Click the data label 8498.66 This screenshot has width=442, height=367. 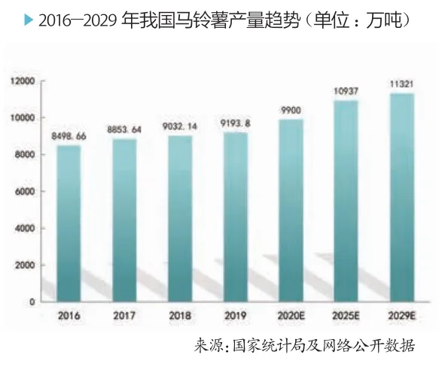click(69, 136)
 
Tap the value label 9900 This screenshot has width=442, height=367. click(291, 110)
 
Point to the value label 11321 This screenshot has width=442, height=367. click(401, 84)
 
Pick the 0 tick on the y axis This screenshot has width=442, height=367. click(32, 302)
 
